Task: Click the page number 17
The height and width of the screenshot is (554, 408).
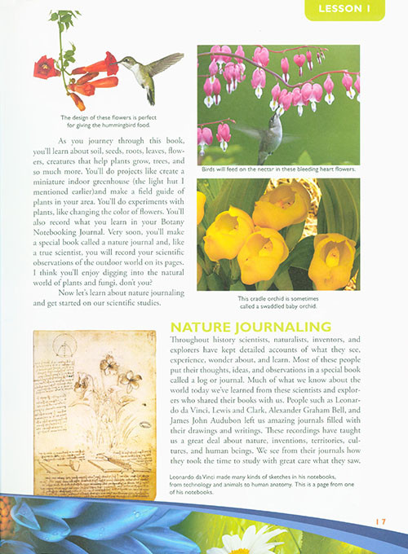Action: [x=380, y=522]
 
